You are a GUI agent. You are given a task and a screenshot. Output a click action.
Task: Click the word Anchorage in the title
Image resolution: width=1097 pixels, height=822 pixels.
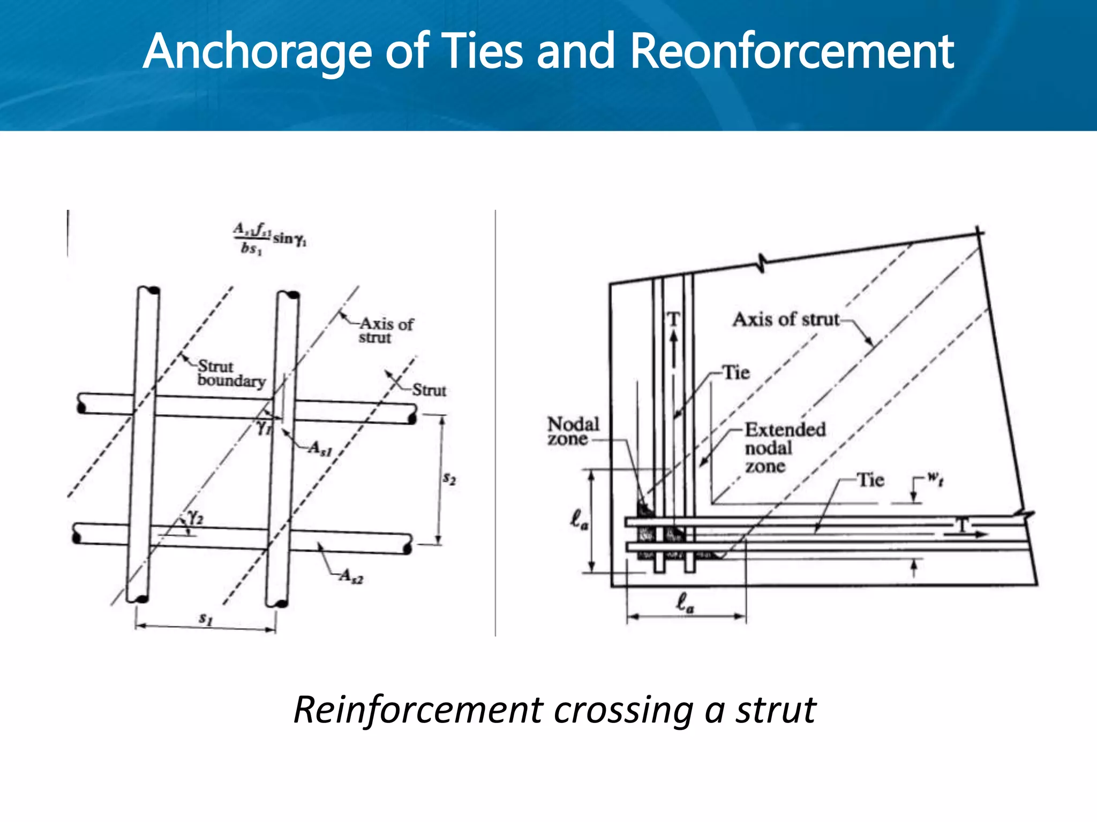coord(257,52)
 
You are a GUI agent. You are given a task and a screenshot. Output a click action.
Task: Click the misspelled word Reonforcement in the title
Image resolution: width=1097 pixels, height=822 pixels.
coord(792,52)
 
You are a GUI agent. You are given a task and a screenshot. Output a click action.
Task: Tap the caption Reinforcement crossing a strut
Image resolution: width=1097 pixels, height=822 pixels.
coord(554,711)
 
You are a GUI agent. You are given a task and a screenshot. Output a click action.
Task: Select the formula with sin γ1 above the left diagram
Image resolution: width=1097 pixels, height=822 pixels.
coord(269,238)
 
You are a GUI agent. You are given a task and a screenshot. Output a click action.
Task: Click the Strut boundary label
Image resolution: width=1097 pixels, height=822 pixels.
coord(230,374)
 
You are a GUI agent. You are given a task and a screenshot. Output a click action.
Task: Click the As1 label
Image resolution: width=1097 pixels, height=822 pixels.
coord(320,448)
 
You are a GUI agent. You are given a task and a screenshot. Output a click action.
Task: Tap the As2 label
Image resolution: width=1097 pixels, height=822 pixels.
coord(351,576)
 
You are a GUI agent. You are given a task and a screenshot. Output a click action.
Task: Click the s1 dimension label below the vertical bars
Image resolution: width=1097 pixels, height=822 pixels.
coord(206,619)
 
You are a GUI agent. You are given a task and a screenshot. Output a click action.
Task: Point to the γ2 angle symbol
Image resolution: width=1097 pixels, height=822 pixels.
coord(196,517)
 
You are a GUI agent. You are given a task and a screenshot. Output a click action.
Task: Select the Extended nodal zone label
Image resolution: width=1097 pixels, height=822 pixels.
coord(784,447)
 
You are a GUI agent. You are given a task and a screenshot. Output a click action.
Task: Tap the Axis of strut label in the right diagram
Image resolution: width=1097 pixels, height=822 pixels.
coord(785,319)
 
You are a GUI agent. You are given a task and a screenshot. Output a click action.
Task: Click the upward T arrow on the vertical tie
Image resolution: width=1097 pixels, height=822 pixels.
coord(673,342)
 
